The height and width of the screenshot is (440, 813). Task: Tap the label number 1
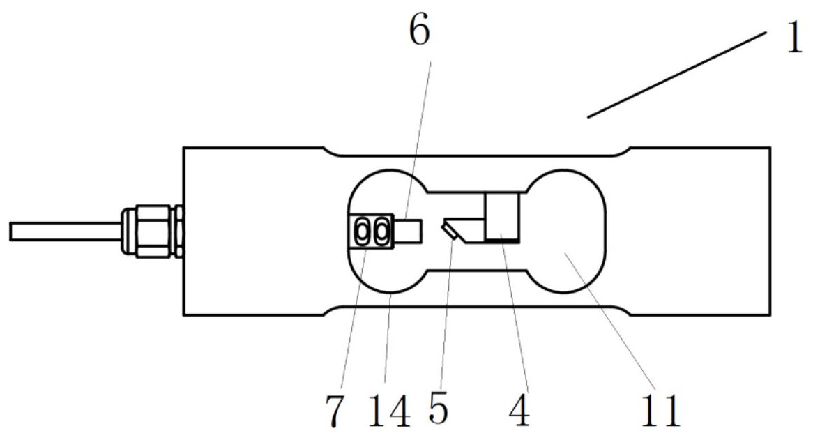793,39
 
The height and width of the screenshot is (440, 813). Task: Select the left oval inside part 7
363,231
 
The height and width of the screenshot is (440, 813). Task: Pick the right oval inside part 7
381,231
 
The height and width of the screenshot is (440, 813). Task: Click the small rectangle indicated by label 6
409,231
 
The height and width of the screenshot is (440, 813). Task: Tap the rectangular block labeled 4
502,216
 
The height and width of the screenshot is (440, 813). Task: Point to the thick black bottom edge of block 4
502,241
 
